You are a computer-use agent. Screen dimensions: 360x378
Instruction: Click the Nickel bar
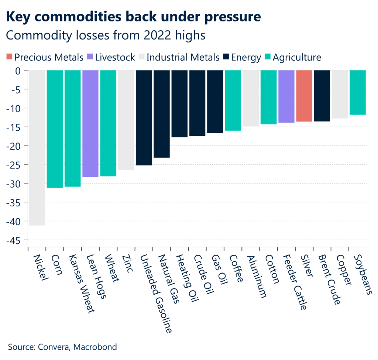click(x=37, y=148)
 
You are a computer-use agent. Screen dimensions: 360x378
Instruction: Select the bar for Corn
click(x=55, y=129)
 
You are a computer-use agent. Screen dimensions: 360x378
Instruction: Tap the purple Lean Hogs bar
click(x=90, y=124)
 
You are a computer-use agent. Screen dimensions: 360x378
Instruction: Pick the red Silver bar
click(x=304, y=96)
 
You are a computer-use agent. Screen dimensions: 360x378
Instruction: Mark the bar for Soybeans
click(x=358, y=92)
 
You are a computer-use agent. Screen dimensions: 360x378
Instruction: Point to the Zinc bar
click(x=126, y=120)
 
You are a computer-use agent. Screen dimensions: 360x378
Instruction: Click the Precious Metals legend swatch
click(x=10, y=57)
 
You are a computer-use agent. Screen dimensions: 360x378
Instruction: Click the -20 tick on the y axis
click(x=16, y=145)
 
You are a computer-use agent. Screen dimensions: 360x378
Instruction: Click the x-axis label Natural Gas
click(x=168, y=278)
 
